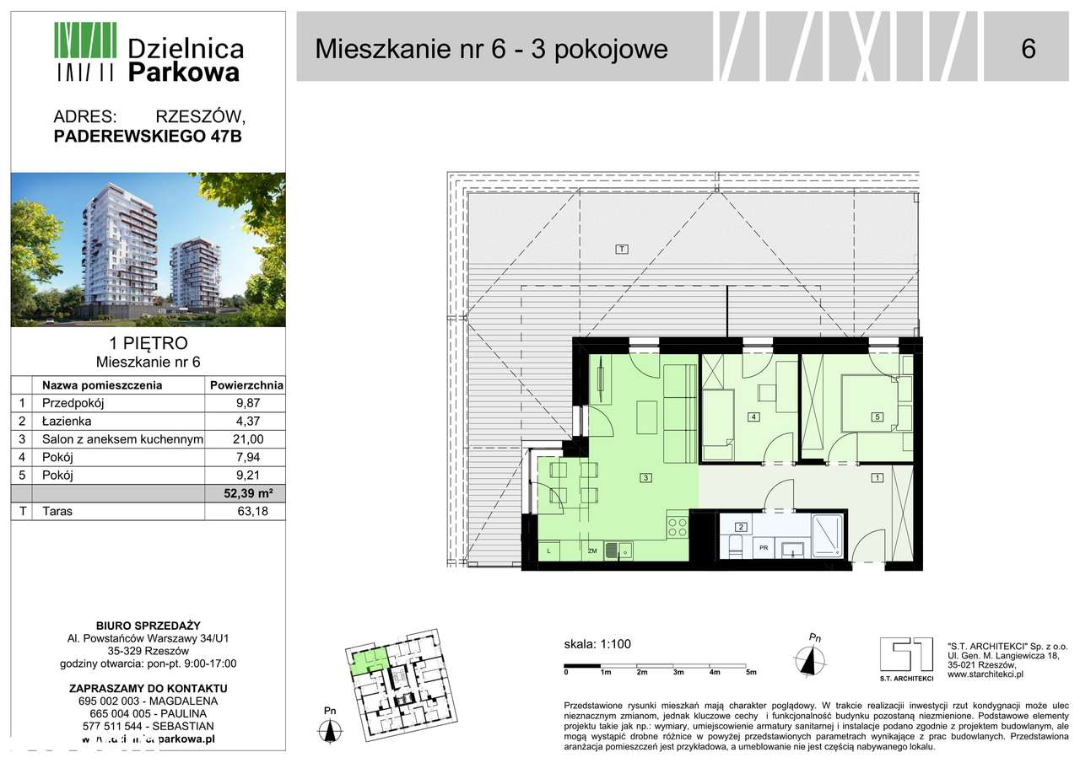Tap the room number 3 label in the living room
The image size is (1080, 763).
coord(645,478)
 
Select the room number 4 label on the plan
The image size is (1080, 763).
coord(753,416)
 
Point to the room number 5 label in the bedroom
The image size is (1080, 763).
coord(877,416)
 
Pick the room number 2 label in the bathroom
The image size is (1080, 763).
coord(741,528)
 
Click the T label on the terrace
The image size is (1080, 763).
coord(621,249)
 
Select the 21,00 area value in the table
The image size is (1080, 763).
coord(247,439)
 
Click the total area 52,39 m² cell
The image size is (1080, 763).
coord(247,493)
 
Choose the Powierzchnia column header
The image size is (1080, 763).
coord(246,385)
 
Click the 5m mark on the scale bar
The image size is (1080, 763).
coord(751,672)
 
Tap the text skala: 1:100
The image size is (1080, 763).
coord(597,645)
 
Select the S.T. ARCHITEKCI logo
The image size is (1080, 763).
coord(906,656)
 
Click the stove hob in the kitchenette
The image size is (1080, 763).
coord(678,528)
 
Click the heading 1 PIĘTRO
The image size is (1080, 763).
coord(148,343)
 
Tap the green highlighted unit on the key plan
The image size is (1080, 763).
coord(368,659)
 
